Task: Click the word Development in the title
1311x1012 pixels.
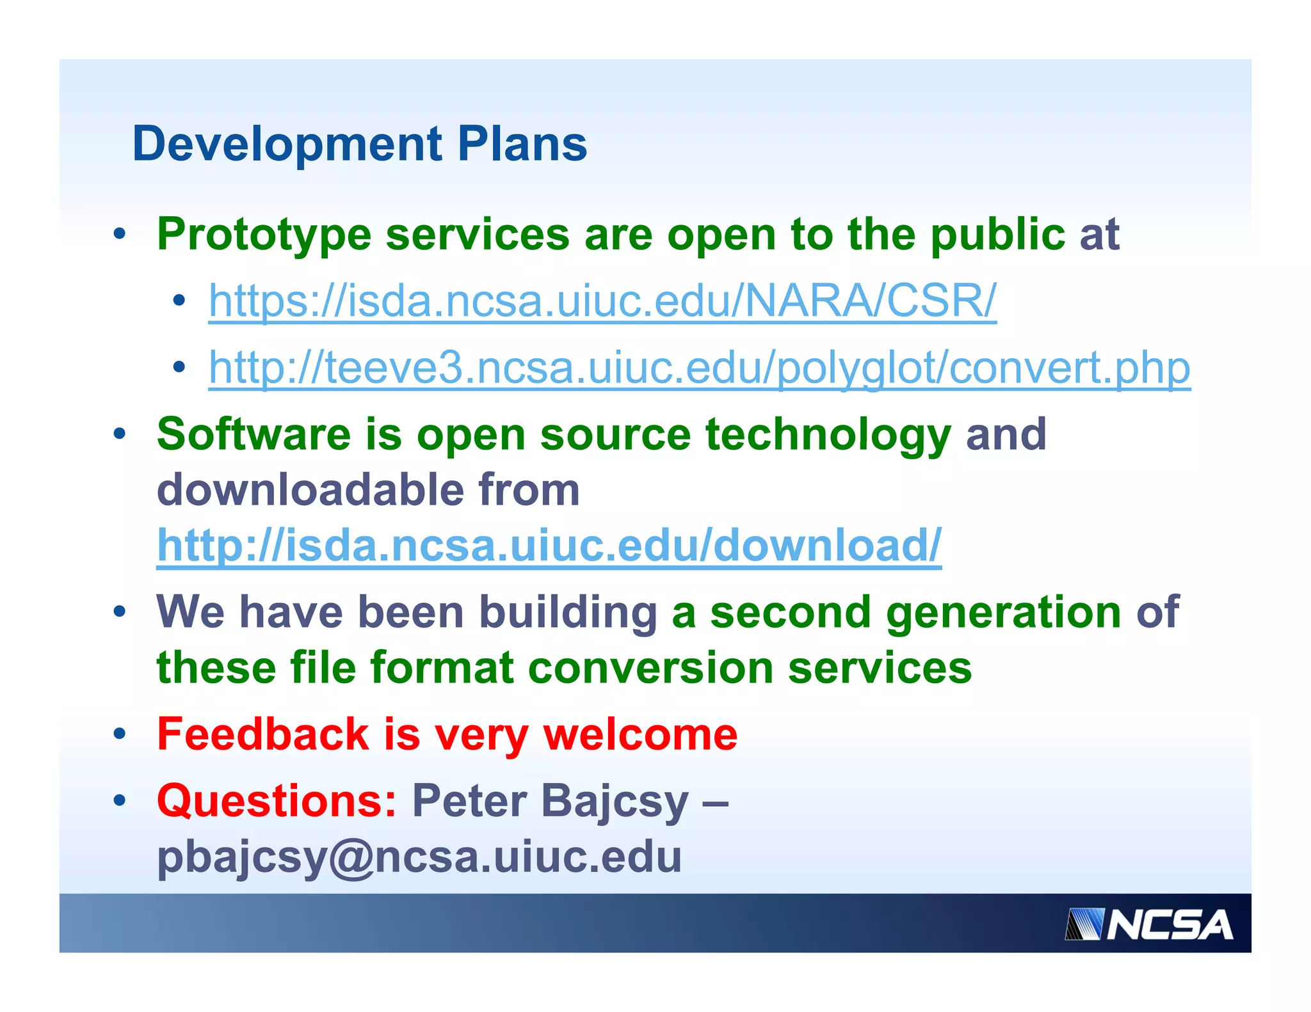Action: tap(287, 145)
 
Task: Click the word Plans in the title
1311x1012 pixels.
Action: tap(522, 145)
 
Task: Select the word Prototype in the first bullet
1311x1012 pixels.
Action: tap(264, 235)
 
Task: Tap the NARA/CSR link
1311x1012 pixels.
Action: tap(602, 301)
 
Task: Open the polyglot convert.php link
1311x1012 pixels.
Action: tap(699, 368)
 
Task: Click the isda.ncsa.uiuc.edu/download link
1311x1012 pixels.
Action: tap(549, 546)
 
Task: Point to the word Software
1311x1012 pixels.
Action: tap(253, 435)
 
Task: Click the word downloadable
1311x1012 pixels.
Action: tap(310, 491)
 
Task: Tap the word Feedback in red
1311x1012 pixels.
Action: tap(262, 734)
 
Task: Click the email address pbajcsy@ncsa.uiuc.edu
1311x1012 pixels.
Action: tap(419, 857)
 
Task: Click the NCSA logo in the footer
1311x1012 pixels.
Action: tap(1148, 925)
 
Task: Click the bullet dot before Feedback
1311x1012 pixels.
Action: tap(120, 734)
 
